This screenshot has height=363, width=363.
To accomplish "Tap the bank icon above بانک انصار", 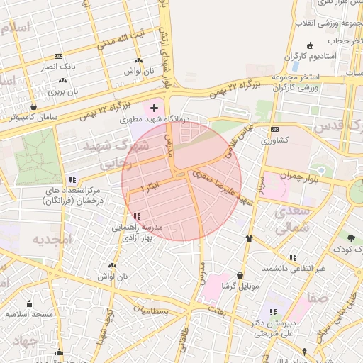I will (x=57, y=56).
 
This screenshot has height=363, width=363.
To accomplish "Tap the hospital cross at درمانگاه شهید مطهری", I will (x=154, y=108).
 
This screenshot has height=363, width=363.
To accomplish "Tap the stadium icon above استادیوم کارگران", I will (x=291, y=56).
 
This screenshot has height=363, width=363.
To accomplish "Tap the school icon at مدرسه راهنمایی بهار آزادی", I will (x=135, y=216).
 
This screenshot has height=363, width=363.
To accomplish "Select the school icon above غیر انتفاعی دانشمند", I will (x=293, y=257).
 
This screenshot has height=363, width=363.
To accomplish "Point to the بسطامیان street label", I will (x=152, y=311).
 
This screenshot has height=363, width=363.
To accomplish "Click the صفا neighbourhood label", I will (x=318, y=298).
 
